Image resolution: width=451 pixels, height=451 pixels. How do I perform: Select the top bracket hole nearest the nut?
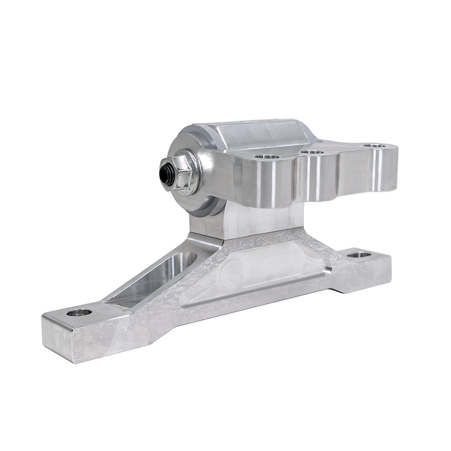(x=267, y=158)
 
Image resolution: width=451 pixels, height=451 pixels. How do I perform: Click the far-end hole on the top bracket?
(x=374, y=146)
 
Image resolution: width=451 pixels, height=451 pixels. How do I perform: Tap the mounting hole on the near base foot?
(x=79, y=312)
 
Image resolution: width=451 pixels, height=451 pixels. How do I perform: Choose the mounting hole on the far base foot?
(x=359, y=255)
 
